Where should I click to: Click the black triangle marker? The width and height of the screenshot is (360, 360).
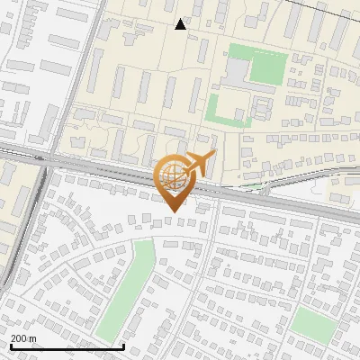181,24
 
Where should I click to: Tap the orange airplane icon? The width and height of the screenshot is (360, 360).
200,164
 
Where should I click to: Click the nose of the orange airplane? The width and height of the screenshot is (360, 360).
214,155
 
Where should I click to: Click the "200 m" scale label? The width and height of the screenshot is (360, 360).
23,337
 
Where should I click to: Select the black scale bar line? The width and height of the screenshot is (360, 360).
67,346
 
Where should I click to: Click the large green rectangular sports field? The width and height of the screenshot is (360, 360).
258,65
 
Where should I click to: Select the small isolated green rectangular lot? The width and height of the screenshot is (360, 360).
312,322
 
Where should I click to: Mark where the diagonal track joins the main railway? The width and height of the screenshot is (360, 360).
45,162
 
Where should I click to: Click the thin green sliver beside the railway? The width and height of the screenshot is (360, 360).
256,186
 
